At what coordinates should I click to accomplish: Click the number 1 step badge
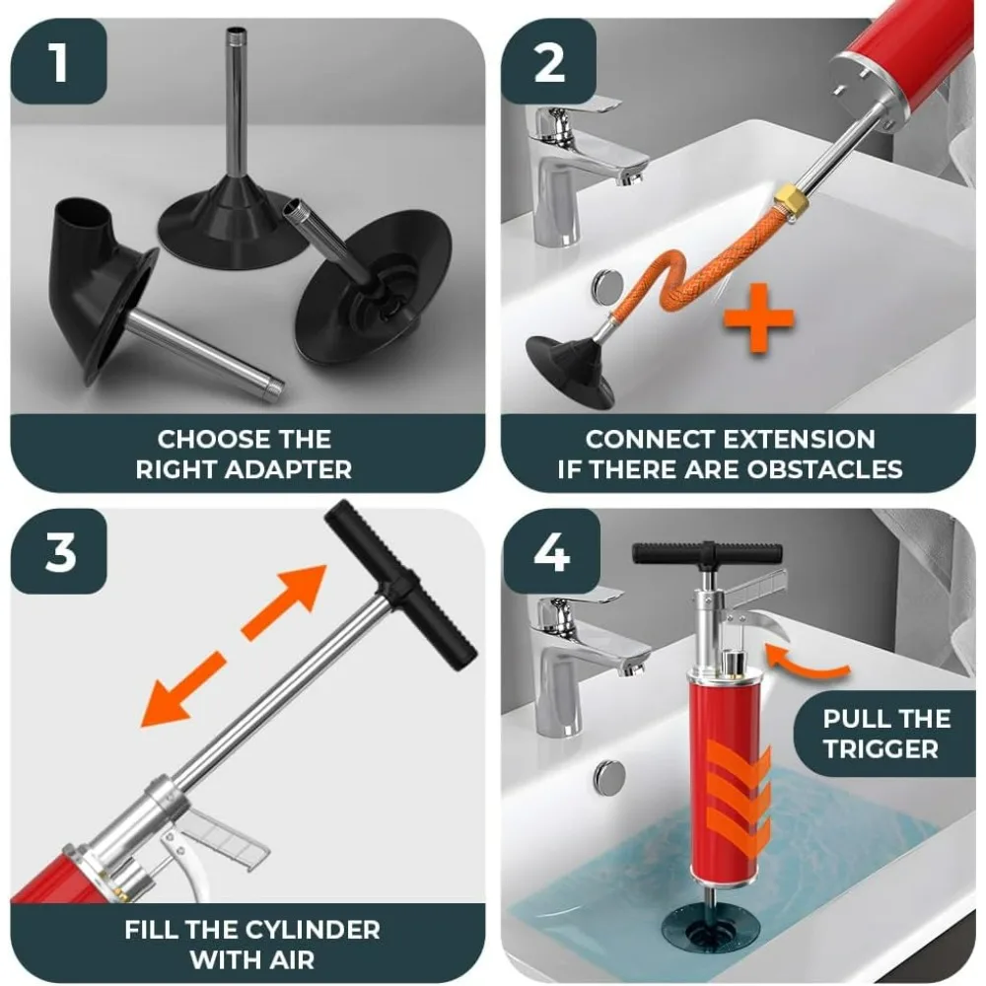[x=59, y=60]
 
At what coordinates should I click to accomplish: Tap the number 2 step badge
[x=549, y=60]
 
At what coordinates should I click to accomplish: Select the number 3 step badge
[x=59, y=551]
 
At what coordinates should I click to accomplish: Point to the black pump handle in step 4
[x=706, y=553]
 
